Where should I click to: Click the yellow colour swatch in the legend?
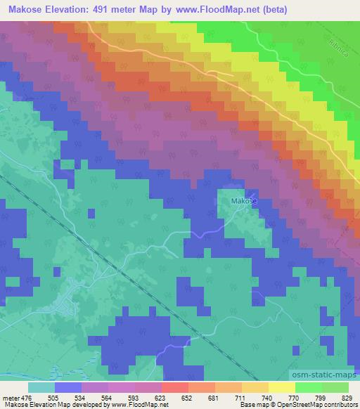[281, 387]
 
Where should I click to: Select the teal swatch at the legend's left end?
[41, 387]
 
